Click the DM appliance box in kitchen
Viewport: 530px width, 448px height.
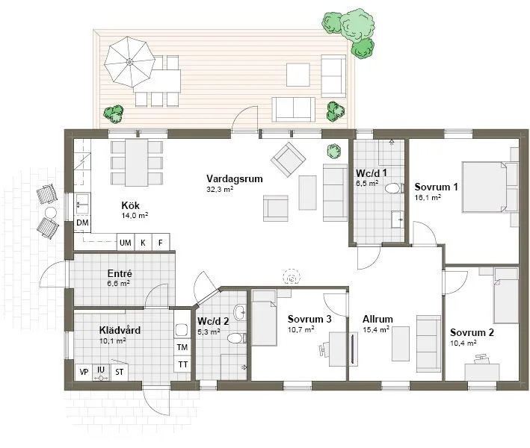[82, 223]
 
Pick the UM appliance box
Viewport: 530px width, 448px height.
[126, 243]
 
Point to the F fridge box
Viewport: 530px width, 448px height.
[160, 243]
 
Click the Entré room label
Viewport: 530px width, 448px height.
[120, 274]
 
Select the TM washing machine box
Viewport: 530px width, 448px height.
[182, 347]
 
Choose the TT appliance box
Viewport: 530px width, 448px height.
[182, 364]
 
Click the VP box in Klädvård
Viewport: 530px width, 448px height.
[83, 370]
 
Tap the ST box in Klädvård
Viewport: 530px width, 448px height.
[119, 370]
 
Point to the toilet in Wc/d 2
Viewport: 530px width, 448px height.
[235, 339]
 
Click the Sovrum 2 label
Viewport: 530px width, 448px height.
[471, 332]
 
